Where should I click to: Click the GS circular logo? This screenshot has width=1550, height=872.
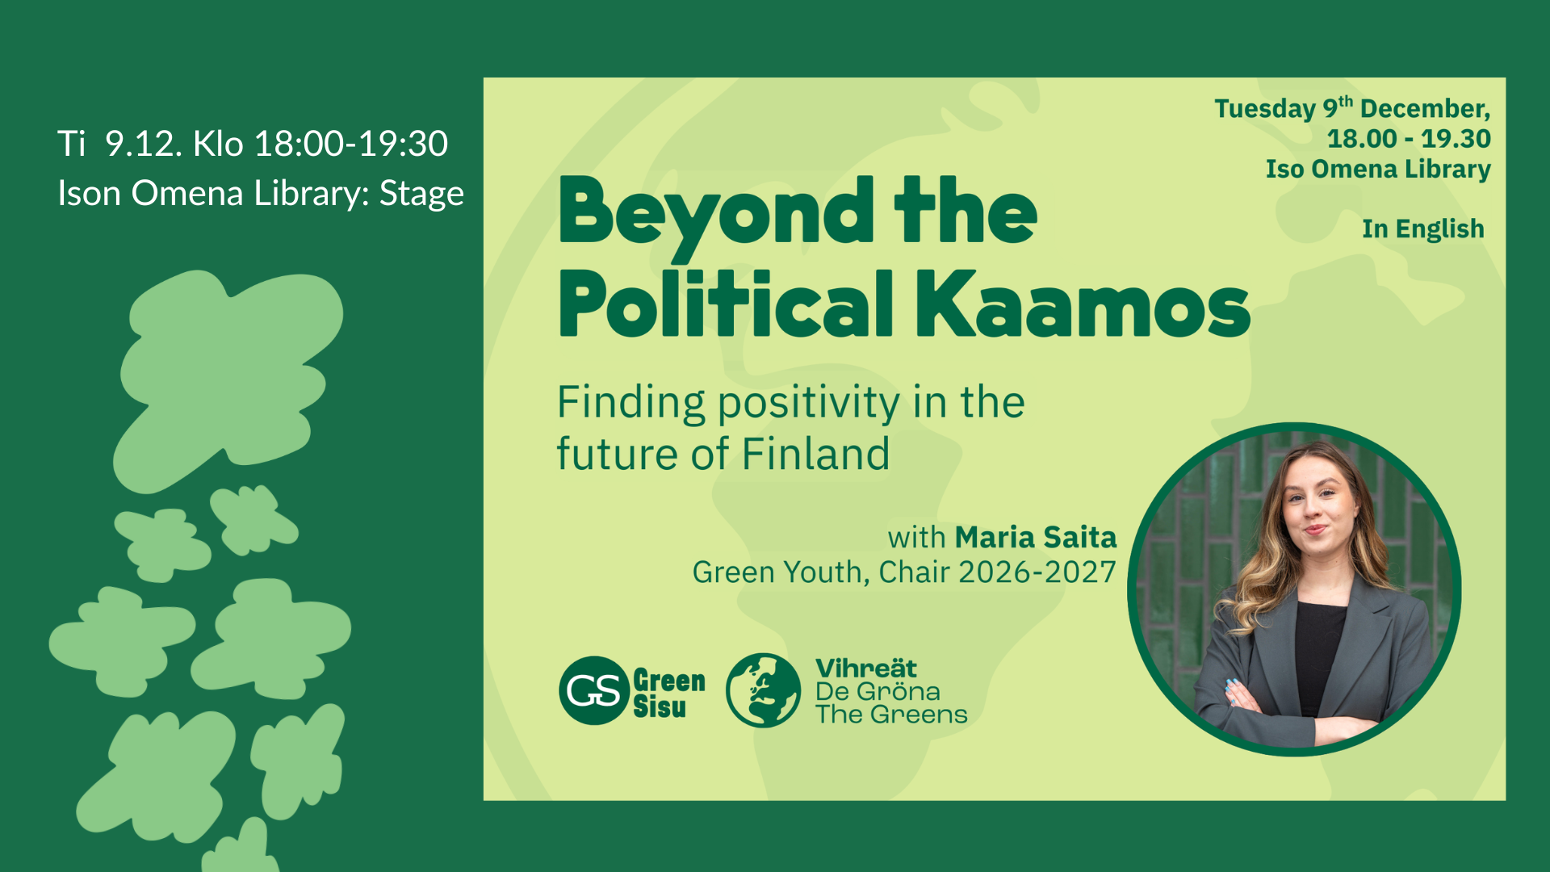(x=594, y=690)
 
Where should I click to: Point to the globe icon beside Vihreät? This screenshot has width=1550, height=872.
(x=763, y=690)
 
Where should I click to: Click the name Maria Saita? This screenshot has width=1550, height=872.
(x=1036, y=537)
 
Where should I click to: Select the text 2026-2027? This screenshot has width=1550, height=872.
(x=1037, y=572)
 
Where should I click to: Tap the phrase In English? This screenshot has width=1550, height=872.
(x=1423, y=229)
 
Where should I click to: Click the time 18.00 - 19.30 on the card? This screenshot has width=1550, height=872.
(x=1409, y=139)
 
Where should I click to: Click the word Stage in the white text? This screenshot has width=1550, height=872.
(x=421, y=194)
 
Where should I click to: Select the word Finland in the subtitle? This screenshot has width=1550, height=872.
(x=815, y=454)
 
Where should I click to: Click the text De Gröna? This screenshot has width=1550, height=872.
(x=878, y=692)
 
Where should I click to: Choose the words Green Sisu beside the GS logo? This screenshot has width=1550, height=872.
(x=669, y=694)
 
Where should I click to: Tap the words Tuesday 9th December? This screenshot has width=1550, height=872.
(x=1352, y=107)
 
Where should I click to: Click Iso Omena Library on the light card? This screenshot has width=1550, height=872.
(x=1378, y=170)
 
